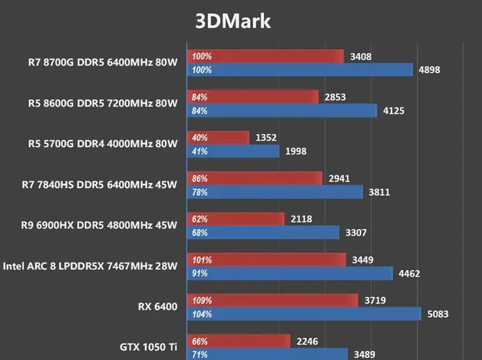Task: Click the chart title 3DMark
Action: pyautogui.click(x=233, y=21)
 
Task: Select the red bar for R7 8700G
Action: pyautogui.click(x=266, y=56)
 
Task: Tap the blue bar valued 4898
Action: pyautogui.click(x=300, y=70)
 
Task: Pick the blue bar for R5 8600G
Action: pyautogui.click(x=282, y=110)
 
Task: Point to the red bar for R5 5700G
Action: pyautogui.click(x=219, y=138)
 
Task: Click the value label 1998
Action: pyautogui.click(x=296, y=152)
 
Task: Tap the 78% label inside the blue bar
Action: pyautogui.click(x=200, y=192)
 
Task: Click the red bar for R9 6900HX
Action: pyautogui.click(x=236, y=219)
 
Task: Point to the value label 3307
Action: pyautogui.click(x=356, y=233)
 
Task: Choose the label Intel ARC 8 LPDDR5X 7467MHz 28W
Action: pyautogui.click(x=90, y=266)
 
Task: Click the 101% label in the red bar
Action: pyautogui.click(x=202, y=259)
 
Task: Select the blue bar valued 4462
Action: pyautogui.click(x=290, y=273)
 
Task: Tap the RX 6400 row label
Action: pyautogui.click(x=158, y=306)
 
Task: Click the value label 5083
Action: pyautogui.click(x=437, y=314)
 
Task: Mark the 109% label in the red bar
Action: pyautogui.click(x=202, y=300)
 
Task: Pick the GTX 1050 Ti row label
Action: pyautogui.click(x=148, y=347)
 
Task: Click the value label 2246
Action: pyautogui.click(x=308, y=341)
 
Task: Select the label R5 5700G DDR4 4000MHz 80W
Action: pyautogui.click(x=102, y=144)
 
